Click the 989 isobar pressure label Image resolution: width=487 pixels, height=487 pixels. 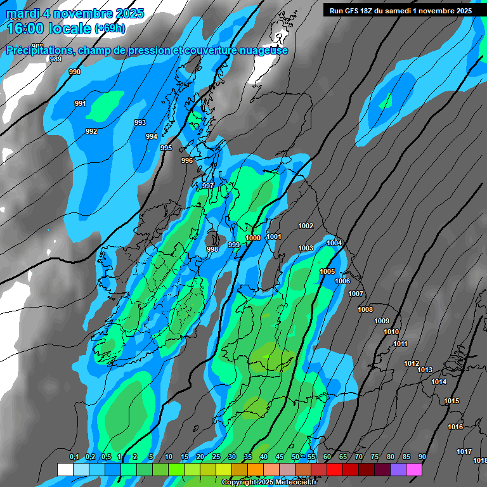point(56,59)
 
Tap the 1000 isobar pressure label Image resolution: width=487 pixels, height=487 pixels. point(253,238)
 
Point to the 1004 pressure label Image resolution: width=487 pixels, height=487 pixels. point(334,243)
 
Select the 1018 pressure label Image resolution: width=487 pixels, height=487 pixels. point(480,460)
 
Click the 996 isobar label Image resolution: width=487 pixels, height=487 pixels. point(187,160)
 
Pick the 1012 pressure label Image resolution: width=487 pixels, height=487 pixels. point(412,363)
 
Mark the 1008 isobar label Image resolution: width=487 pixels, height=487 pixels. point(365,309)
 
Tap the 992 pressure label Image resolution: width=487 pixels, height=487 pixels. point(91,131)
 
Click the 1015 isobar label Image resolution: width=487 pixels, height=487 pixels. point(451,401)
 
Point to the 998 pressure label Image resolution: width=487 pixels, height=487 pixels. point(212,249)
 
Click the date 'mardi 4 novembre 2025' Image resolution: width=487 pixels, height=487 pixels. point(75,13)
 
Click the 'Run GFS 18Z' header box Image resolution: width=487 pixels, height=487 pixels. point(401,10)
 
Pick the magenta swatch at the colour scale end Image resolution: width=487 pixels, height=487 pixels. point(414,469)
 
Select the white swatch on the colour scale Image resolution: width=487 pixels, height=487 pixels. point(65,469)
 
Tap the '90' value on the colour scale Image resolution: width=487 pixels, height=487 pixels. point(422,457)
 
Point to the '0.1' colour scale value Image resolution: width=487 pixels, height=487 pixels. point(74,457)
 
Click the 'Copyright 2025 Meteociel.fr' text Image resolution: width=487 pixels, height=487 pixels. point(269,482)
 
